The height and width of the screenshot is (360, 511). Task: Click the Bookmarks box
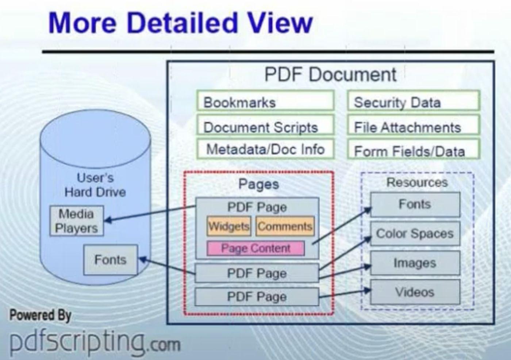tap(265, 101)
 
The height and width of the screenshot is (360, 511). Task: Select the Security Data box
tap(413, 101)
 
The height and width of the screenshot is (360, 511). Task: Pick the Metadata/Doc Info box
tap(265, 149)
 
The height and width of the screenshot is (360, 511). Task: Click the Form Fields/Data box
tap(413, 150)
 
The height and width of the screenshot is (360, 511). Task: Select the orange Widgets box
tap(229, 226)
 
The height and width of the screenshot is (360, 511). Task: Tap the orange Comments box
tap(285, 226)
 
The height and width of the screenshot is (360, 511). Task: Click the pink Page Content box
tap(255, 248)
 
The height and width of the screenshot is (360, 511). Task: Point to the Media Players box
tap(77, 221)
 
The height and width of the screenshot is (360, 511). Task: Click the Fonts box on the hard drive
tap(111, 260)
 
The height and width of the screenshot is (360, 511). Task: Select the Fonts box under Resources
tap(415, 204)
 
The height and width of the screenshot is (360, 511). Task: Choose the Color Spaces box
tap(415, 234)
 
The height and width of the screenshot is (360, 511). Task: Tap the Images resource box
tap(415, 263)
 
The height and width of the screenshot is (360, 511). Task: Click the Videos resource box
tap(415, 292)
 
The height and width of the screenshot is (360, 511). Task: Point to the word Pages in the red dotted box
tap(258, 184)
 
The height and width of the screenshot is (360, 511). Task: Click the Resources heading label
tap(417, 182)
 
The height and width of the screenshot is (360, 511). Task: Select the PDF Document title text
tap(330, 75)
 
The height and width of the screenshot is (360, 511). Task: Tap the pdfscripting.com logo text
tap(95, 341)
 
